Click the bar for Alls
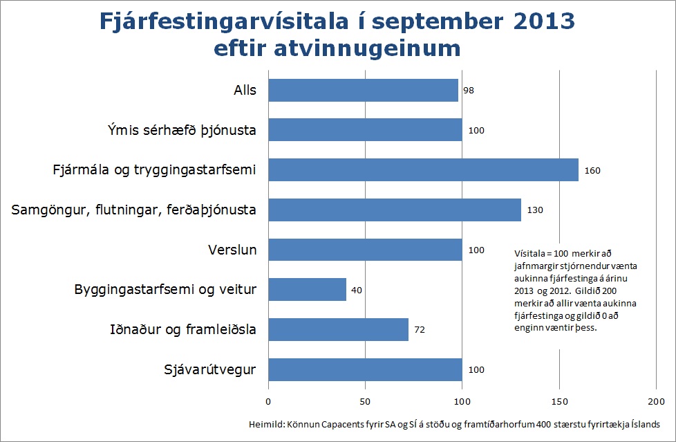point(363,90)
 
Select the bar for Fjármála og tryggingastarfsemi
point(423,170)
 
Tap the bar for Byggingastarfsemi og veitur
point(307,290)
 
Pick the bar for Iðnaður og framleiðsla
point(338,329)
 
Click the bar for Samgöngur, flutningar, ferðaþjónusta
point(394,210)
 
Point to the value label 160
point(592,170)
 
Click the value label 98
point(469,91)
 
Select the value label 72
point(419,330)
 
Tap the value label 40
point(357,290)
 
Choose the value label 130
point(534,210)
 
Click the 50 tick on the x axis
point(365,402)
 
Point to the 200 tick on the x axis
point(655,402)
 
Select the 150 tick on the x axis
point(558,402)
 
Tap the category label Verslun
point(232,250)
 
